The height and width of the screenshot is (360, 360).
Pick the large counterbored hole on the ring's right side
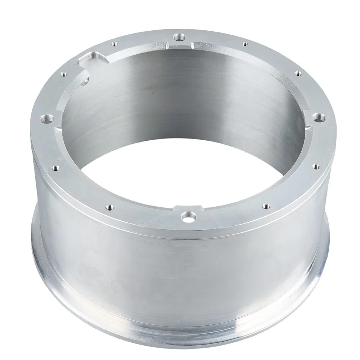pyautogui.click(x=318, y=117)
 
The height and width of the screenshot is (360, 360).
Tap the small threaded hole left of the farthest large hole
pyautogui.click(x=114, y=44)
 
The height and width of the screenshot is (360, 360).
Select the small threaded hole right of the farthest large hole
pyautogui.click(x=245, y=44)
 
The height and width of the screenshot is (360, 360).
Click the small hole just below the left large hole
pyautogui.click(x=56, y=167)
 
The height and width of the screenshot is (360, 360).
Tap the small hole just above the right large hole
pyautogui.click(x=298, y=73)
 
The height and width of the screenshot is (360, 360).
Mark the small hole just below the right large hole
pyautogui.click(x=316, y=166)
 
